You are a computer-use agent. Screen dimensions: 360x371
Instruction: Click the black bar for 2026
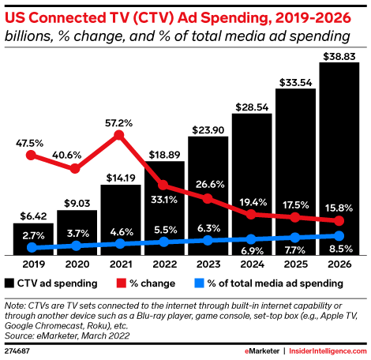(x=339, y=158)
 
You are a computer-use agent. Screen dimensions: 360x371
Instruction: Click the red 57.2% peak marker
(x=119, y=136)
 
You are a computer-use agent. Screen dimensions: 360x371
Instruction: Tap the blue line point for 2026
(x=339, y=236)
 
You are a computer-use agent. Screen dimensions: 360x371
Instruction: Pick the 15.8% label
(x=339, y=208)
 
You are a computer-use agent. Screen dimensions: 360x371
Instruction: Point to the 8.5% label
(x=339, y=249)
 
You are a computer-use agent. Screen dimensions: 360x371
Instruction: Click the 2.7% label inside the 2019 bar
(x=33, y=235)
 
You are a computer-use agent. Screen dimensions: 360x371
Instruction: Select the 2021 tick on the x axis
(x=121, y=264)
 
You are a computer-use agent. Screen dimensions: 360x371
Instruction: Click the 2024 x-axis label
(x=252, y=264)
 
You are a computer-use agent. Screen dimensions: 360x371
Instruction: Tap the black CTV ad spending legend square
(x=9, y=282)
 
